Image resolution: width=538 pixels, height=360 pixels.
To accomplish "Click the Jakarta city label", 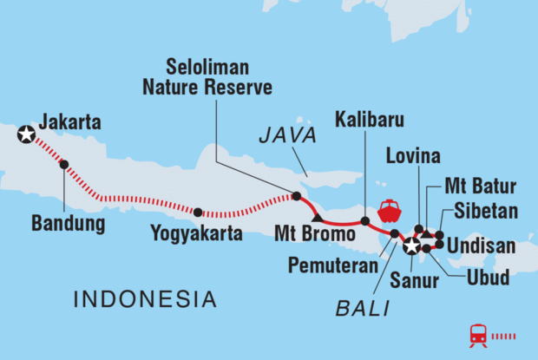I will pos(71,123).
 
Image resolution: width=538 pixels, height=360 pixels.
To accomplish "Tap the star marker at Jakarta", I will pos(27,134).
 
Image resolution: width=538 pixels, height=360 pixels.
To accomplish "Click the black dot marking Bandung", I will pos(63,165).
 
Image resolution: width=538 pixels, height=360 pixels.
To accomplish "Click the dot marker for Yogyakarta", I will pos(198,212).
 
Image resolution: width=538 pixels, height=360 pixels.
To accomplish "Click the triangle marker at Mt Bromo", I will pos(318,215).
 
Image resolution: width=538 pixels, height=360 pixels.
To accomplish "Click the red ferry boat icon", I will pos(388,211).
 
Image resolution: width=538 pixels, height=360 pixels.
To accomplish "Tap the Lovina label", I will pos(414,156).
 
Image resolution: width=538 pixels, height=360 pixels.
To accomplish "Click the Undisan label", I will pos(486,246).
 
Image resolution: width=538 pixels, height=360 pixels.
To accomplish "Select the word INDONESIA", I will pos(145,299).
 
